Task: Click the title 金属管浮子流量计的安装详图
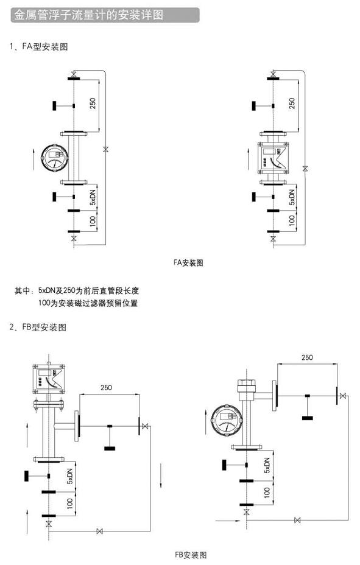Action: click(89, 15)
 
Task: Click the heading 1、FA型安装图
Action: click(39, 46)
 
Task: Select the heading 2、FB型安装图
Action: click(38, 327)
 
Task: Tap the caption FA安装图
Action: click(188, 262)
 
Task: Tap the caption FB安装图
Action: click(191, 555)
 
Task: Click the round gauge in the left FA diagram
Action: click(55, 158)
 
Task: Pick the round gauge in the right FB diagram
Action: click(225, 420)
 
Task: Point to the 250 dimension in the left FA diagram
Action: click(93, 104)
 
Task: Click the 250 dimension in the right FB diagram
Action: click(307, 357)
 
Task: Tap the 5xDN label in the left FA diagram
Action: click(93, 197)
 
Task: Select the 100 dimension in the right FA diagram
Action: click(292, 220)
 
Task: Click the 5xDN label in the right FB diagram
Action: click(267, 466)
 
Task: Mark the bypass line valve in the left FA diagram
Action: click(105, 149)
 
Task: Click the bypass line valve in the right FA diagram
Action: click(305, 168)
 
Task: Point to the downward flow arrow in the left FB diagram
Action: click(161, 476)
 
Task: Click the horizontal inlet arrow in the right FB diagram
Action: click(228, 521)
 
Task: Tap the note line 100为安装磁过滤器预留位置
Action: click(88, 303)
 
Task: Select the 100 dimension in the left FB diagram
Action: click(70, 504)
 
